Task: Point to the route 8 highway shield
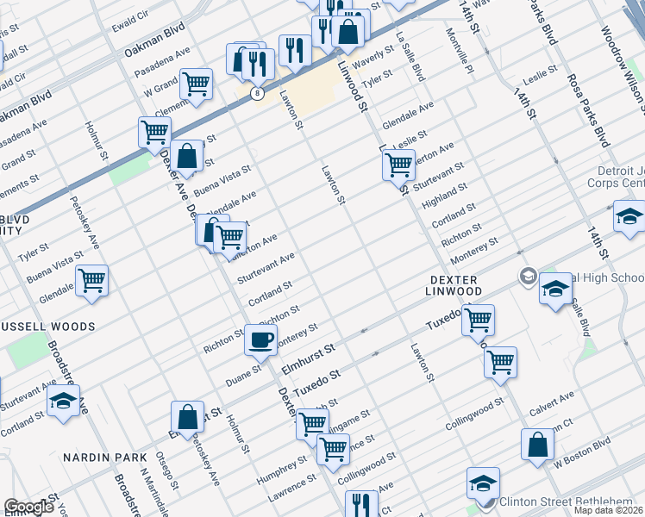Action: [x=257, y=93]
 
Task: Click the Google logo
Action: [x=29, y=508]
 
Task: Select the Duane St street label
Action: [x=244, y=371]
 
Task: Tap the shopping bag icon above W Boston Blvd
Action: [x=537, y=445]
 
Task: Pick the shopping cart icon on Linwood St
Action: [x=398, y=164]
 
